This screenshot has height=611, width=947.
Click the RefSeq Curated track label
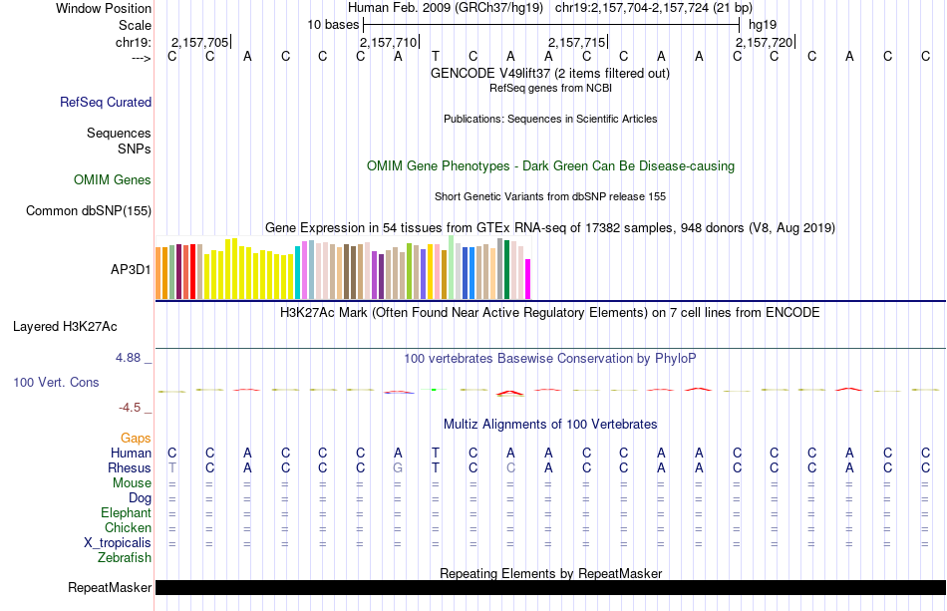click(106, 102)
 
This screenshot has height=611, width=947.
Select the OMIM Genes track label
click(113, 180)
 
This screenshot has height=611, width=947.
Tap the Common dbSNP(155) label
click(89, 210)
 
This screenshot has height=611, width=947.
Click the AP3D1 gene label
click(131, 269)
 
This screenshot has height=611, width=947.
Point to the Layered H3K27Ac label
click(65, 326)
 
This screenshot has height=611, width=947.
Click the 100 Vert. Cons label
click(56, 382)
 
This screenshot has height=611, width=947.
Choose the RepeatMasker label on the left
click(110, 588)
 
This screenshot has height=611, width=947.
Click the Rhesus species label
click(130, 467)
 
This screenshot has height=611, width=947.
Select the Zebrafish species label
click(126, 558)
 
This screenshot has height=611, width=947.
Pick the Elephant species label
click(126, 512)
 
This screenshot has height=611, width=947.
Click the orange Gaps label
click(136, 438)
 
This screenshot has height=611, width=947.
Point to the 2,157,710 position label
click(388, 43)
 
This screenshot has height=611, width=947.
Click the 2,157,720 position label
click(765, 43)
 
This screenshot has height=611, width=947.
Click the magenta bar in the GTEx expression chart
click(528, 278)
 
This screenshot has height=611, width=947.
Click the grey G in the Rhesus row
click(398, 467)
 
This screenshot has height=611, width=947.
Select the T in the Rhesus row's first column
click(171, 467)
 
